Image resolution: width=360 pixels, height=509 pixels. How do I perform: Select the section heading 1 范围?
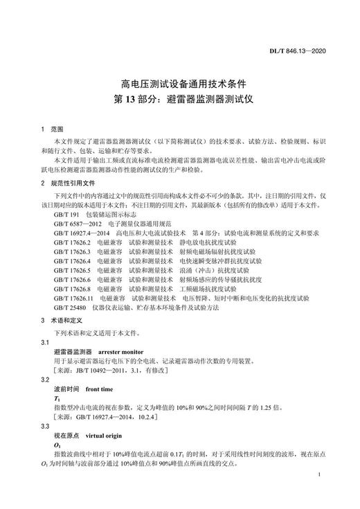pos(51,129)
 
